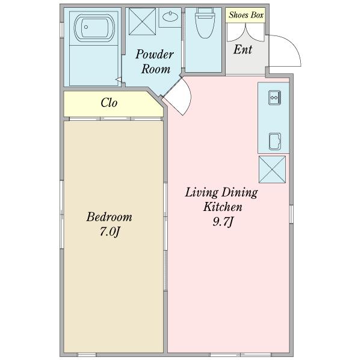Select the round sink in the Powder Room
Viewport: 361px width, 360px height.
pyautogui.click(x=171, y=17)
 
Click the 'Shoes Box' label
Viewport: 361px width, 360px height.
pyautogui.click(x=245, y=14)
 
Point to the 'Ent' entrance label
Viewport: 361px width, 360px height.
pyautogui.click(x=242, y=50)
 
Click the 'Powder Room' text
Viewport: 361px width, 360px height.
pyautogui.click(x=155, y=61)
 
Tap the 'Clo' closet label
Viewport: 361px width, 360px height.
pyautogui.click(x=108, y=103)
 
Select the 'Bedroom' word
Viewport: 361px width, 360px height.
pyautogui.click(x=109, y=217)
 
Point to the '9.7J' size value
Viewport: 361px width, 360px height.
pyautogui.click(x=222, y=222)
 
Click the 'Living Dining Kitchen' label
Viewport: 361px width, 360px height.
pyautogui.click(x=221, y=200)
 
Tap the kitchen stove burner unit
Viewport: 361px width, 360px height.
pyautogui.click(x=274, y=96)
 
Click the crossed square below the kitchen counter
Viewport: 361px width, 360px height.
pyautogui.click(x=273, y=168)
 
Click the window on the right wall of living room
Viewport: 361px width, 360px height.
pyautogui.click(x=291, y=213)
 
